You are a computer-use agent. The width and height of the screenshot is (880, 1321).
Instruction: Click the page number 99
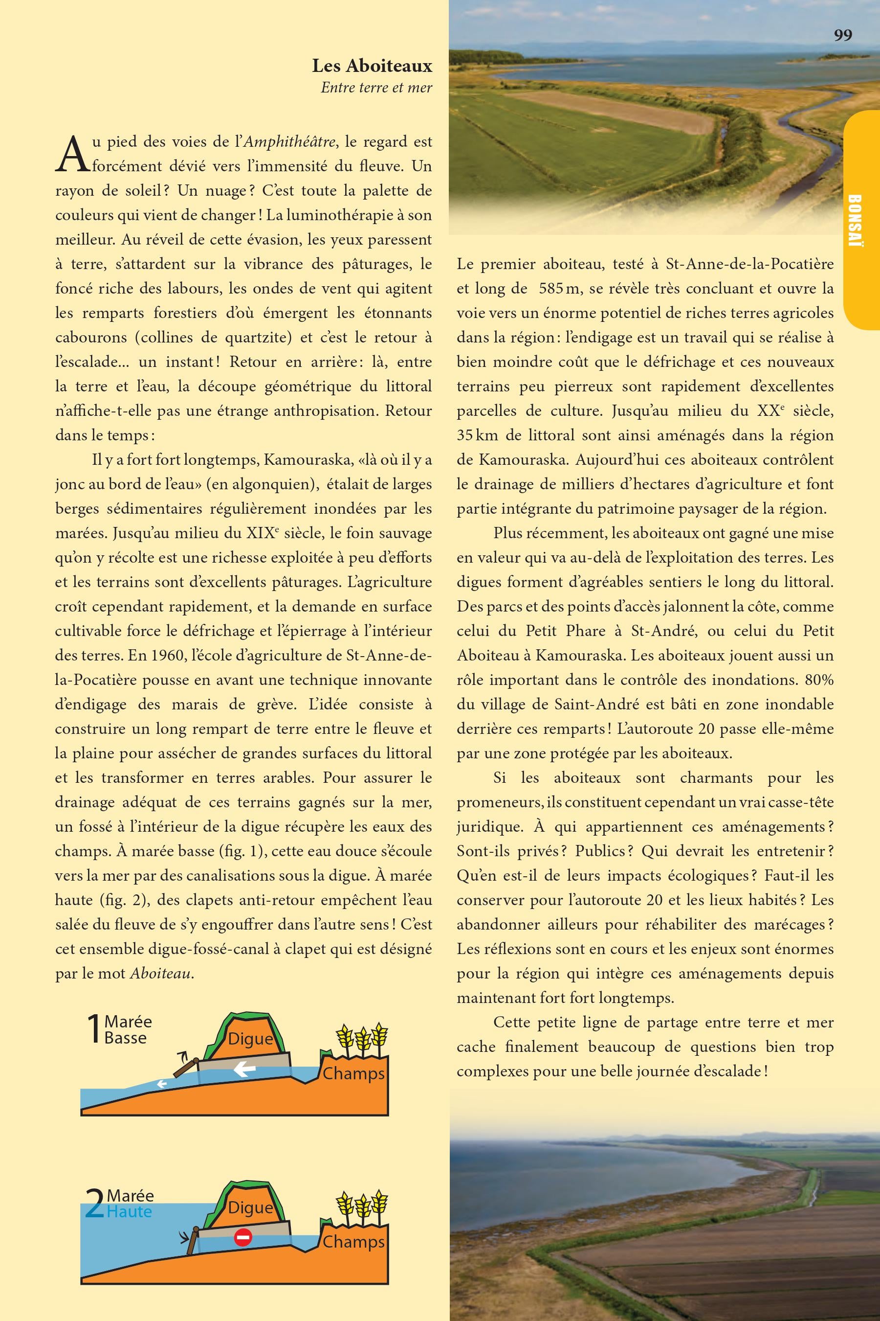coord(842,35)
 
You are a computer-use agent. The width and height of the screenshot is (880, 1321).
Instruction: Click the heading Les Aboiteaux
coord(372,66)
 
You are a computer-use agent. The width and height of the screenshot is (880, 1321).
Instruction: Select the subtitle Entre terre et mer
coord(376,88)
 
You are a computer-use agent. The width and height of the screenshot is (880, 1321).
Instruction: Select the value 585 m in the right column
coord(558,289)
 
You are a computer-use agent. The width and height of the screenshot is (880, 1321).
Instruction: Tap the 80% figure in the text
coord(819,680)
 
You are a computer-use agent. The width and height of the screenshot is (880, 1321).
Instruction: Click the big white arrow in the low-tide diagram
coord(244,1069)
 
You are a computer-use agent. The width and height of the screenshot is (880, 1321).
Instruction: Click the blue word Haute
coord(129,1211)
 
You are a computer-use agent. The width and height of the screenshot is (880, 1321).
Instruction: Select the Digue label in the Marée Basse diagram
coord(250,1039)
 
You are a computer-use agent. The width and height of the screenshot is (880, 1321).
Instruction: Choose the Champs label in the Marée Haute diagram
coord(353,1241)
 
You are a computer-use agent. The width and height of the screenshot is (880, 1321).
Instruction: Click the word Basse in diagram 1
coord(125,1037)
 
